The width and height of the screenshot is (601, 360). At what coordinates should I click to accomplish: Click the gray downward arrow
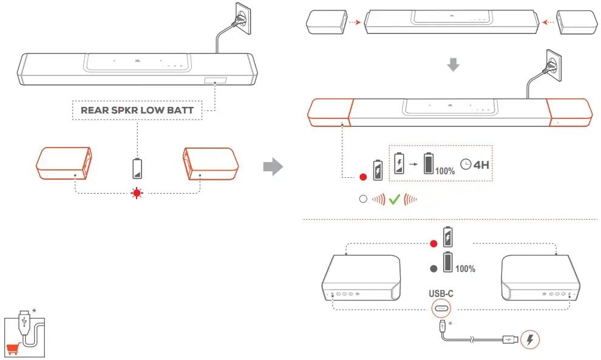point(452,65)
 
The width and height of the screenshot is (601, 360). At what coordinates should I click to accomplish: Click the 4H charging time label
point(479,163)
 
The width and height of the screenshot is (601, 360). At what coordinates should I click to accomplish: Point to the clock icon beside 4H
point(465,163)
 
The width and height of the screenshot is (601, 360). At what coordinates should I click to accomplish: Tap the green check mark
point(395,199)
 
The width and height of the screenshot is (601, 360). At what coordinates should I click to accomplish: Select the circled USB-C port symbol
point(441,309)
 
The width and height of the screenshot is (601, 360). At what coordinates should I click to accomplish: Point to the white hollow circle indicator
point(363,199)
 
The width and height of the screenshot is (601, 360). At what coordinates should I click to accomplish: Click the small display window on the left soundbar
point(215,81)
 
